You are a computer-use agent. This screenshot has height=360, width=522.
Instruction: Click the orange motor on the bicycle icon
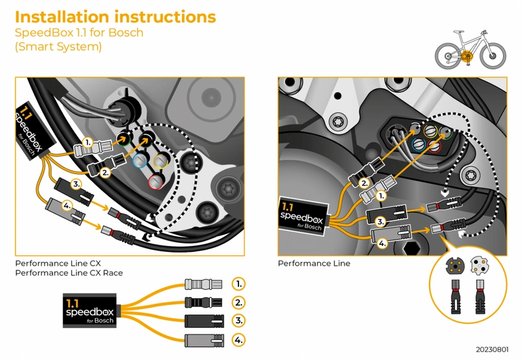467,58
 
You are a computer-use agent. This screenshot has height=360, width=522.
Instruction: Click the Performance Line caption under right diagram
314,264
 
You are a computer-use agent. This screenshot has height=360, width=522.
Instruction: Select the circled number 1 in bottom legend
239,283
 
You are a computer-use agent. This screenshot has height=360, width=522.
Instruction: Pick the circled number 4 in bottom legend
239,340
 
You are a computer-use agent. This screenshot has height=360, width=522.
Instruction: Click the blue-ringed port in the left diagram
140,161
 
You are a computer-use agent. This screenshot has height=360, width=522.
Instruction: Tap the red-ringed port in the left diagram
156,180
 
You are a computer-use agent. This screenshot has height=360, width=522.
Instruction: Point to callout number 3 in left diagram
76,184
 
